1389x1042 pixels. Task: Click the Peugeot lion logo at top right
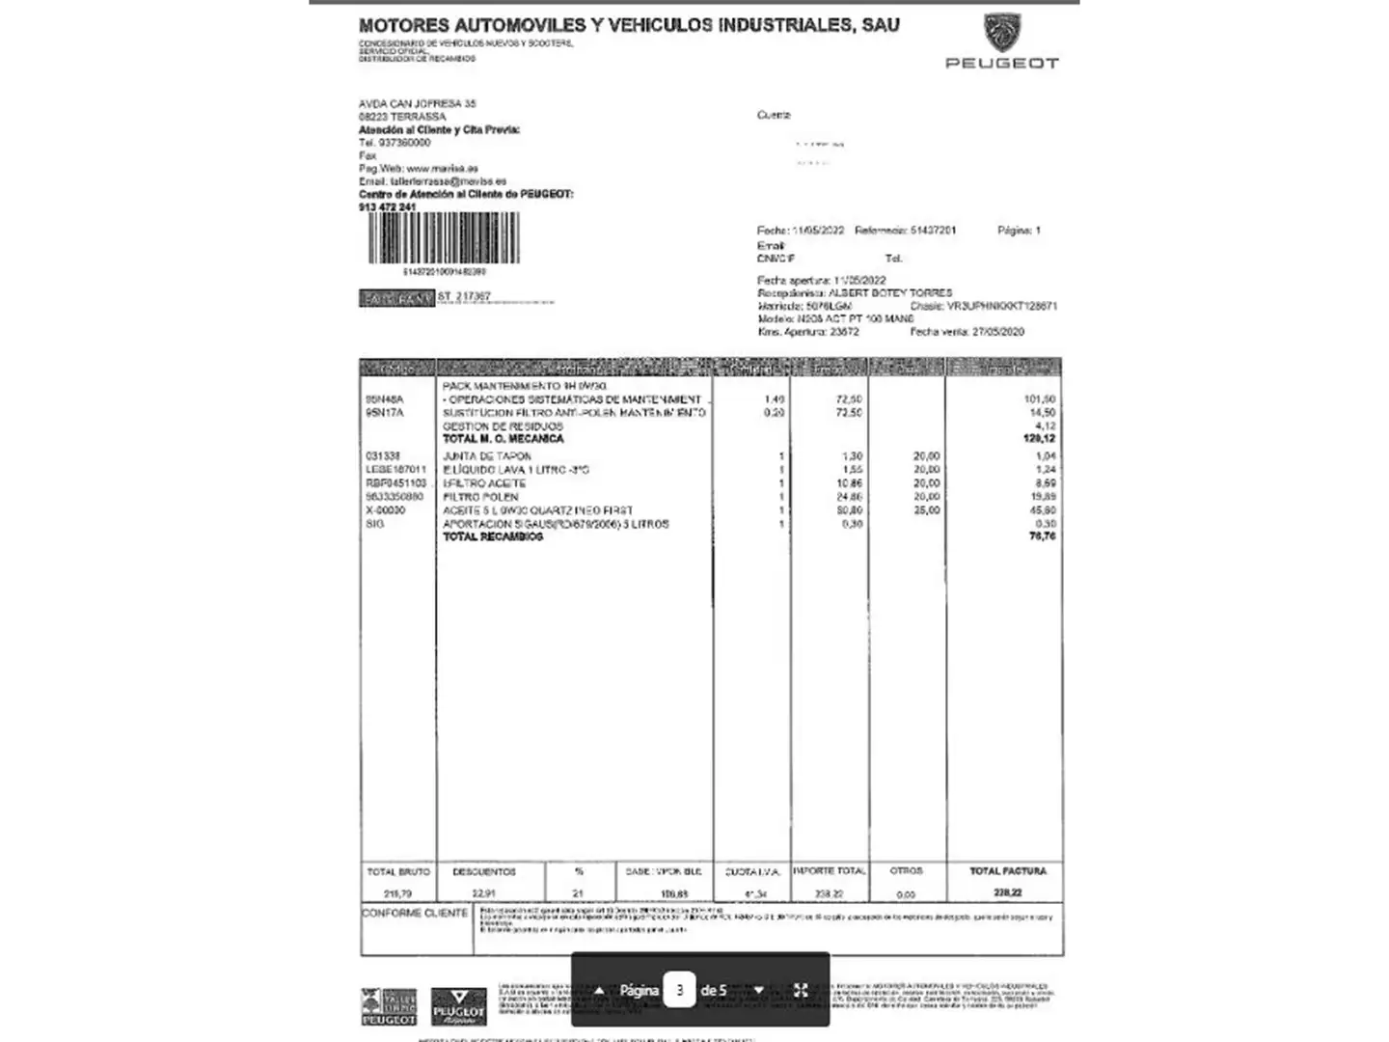[x=1001, y=34]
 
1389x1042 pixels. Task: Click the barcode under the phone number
[x=444, y=237]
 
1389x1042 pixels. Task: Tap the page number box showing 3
[x=679, y=990]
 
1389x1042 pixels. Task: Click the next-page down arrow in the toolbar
[x=759, y=990]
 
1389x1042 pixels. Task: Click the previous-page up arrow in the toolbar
[x=599, y=990]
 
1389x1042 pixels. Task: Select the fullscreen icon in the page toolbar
[x=801, y=990]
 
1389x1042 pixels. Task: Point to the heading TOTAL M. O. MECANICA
[x=503, y=439]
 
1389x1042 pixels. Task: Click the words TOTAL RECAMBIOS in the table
[x=492, y=537]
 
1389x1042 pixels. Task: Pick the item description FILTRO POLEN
[x=480, y=497]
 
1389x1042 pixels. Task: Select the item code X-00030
[x=386, y=510]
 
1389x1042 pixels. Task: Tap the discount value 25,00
[x=926, y=510]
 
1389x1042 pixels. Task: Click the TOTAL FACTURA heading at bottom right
[x=1008, y=871]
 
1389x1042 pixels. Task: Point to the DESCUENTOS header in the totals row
[x=484, y=871]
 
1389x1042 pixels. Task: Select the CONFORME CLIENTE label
[x=415, y=913]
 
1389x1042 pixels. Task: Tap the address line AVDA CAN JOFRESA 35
[x=418, y=103]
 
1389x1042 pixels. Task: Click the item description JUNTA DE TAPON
[x=487, y=456]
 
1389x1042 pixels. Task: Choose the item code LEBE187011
[x=395, y=470]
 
